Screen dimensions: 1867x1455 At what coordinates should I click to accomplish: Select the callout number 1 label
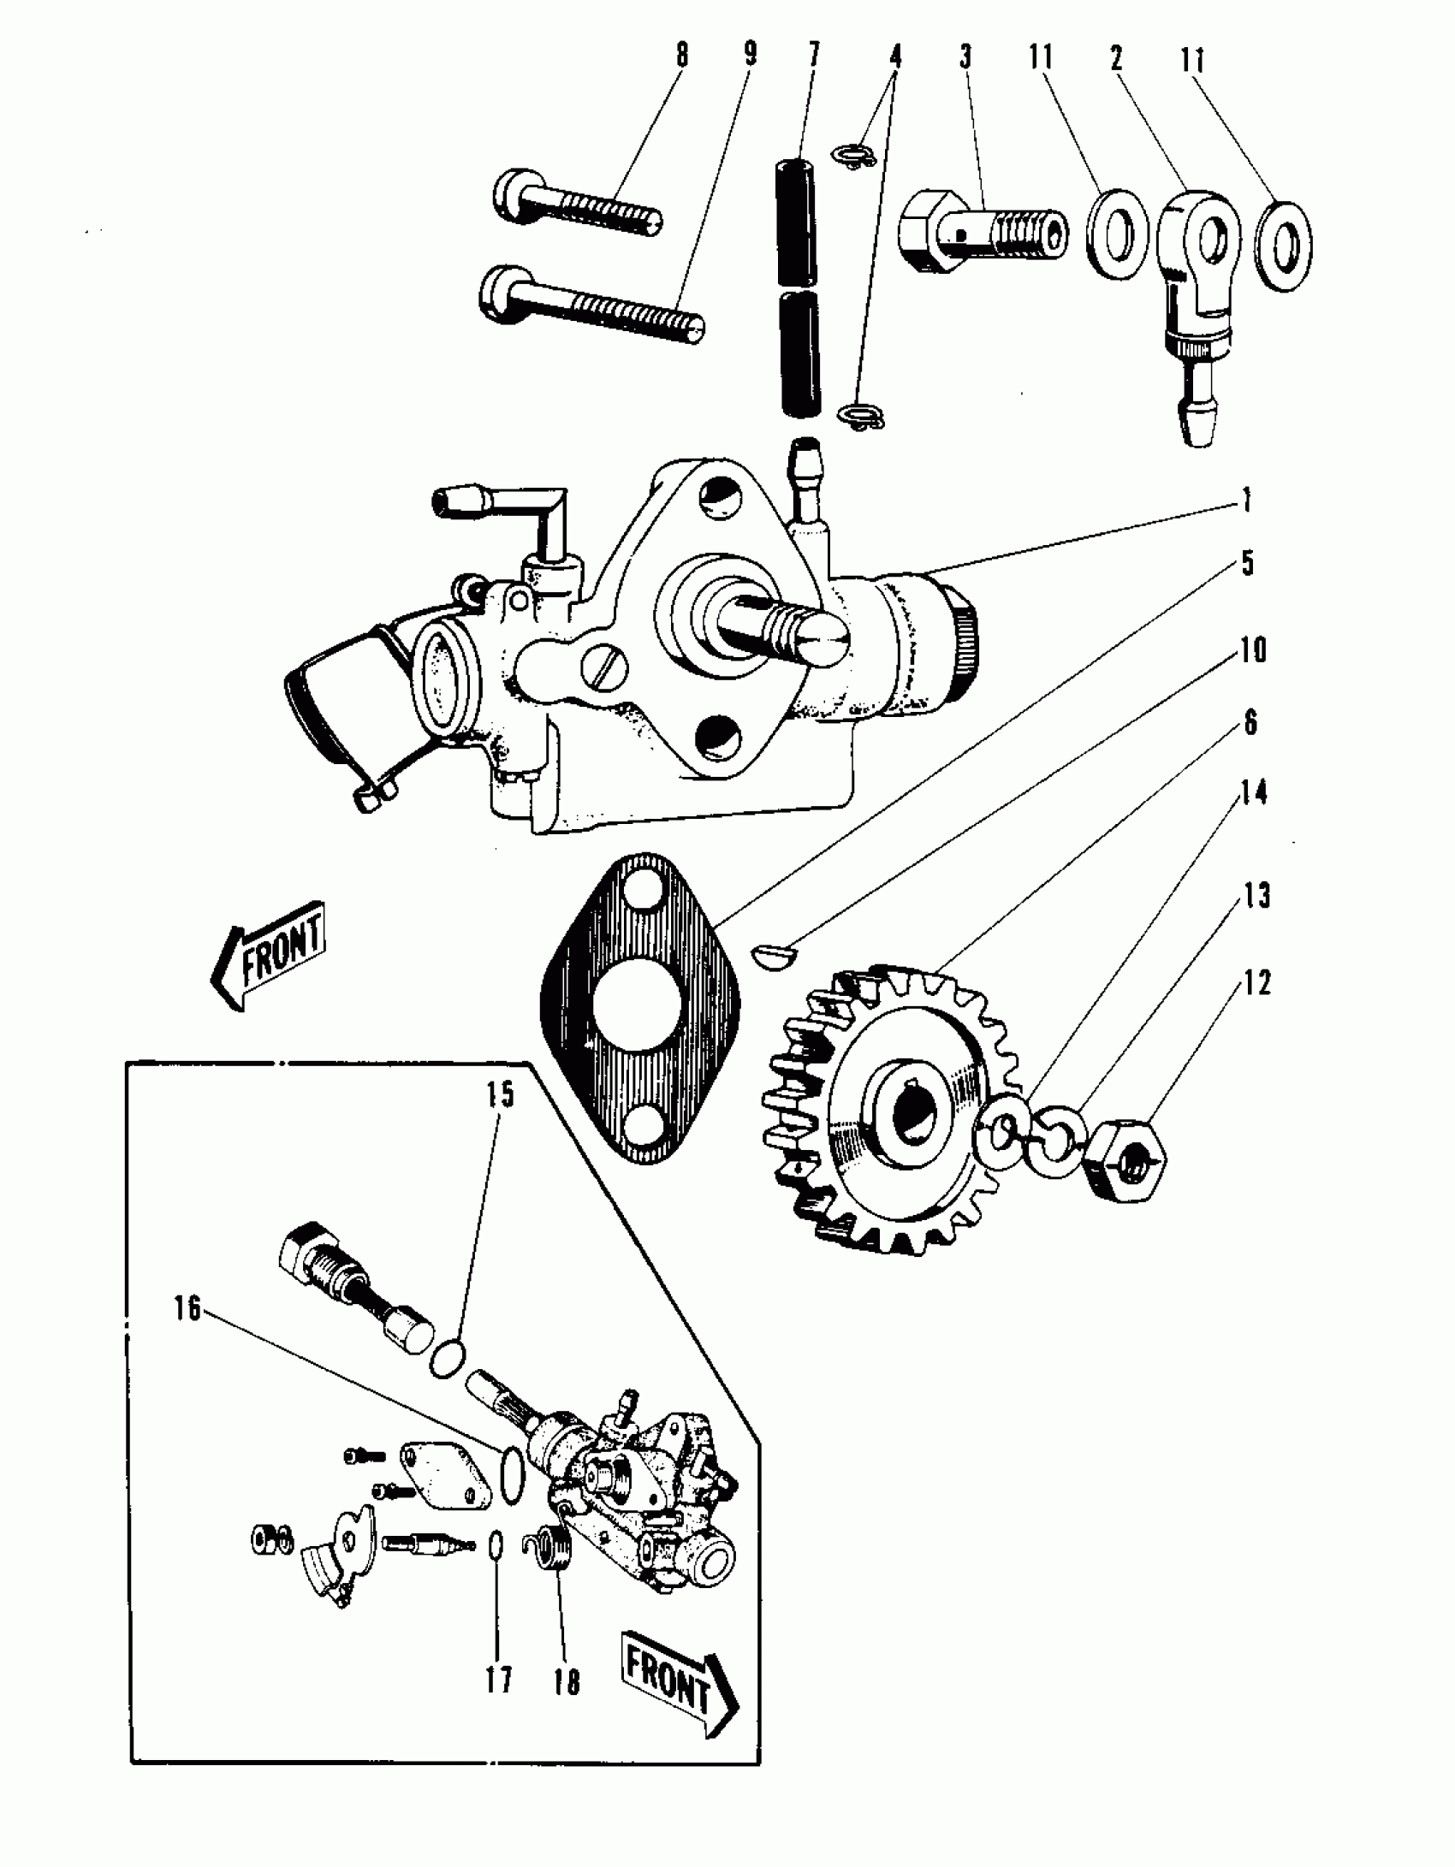coord(1247,501)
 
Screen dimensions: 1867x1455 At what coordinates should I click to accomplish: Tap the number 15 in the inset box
coord(501,1094)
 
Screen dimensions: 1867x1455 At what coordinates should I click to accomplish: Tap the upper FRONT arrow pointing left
coord(269,955)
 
